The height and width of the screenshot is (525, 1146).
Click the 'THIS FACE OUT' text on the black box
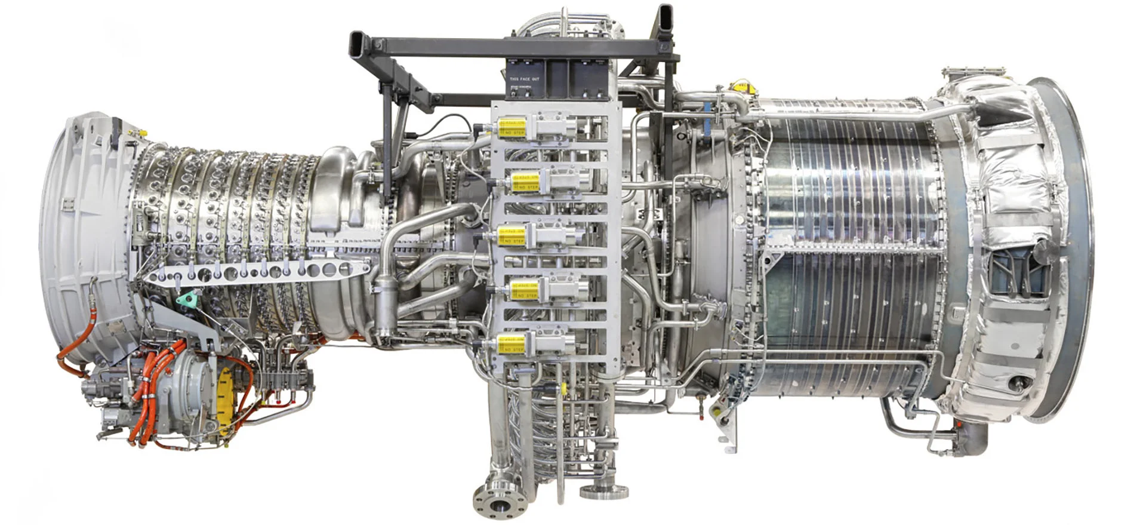pos(525,79)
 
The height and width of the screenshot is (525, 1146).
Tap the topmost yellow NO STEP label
pos(512,127)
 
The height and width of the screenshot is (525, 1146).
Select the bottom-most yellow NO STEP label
pos(512,344)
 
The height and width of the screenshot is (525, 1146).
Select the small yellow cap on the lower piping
pos(563,389)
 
